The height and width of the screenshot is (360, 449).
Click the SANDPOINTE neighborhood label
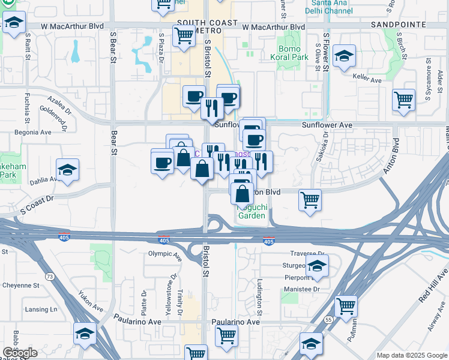(398, 25)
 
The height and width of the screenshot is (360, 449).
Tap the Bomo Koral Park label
(293, 53)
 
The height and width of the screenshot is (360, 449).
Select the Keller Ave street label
(367, 80)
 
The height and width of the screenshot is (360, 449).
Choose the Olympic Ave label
(164, 254)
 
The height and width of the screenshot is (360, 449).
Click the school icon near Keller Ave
(344, 57)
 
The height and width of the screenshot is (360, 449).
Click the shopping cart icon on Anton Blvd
(310, 201)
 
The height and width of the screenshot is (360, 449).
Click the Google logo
(20, 353)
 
